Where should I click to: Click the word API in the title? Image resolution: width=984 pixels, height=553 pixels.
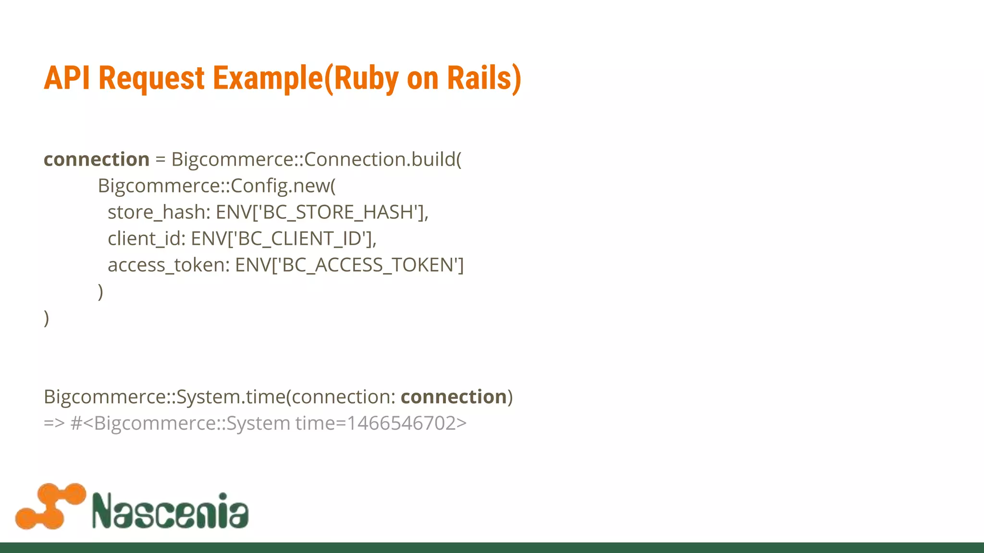(x=67, y=78)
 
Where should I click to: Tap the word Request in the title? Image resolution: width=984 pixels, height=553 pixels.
(x=151, y=78)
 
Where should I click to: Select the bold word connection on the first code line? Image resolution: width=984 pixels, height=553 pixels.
(x=97, y=159)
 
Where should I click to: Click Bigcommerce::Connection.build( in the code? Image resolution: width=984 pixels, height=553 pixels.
(x=316, y=159)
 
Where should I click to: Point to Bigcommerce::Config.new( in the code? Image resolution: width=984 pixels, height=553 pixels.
(x=217, y=186)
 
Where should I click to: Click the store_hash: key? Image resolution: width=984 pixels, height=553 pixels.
(x=159, y=212)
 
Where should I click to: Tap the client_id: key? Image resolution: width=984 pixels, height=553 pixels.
(x=147, y=239)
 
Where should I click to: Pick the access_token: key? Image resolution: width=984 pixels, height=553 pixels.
(x=169, y=265)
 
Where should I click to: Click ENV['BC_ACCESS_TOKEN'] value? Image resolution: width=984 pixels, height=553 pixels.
(x=349, y=265)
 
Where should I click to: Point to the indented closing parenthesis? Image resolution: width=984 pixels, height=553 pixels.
(x=100, y=291)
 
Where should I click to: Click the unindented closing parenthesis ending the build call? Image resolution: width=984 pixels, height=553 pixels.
(x=46, y=318)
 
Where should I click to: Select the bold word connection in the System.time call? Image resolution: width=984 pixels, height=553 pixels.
(x=454, y=397)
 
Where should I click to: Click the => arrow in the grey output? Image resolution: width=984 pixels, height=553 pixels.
(x=54, y=423)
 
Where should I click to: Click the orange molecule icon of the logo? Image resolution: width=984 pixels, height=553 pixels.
(x=50, y=506)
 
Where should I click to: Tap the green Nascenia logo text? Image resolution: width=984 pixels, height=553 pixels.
(x=170, y=510)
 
